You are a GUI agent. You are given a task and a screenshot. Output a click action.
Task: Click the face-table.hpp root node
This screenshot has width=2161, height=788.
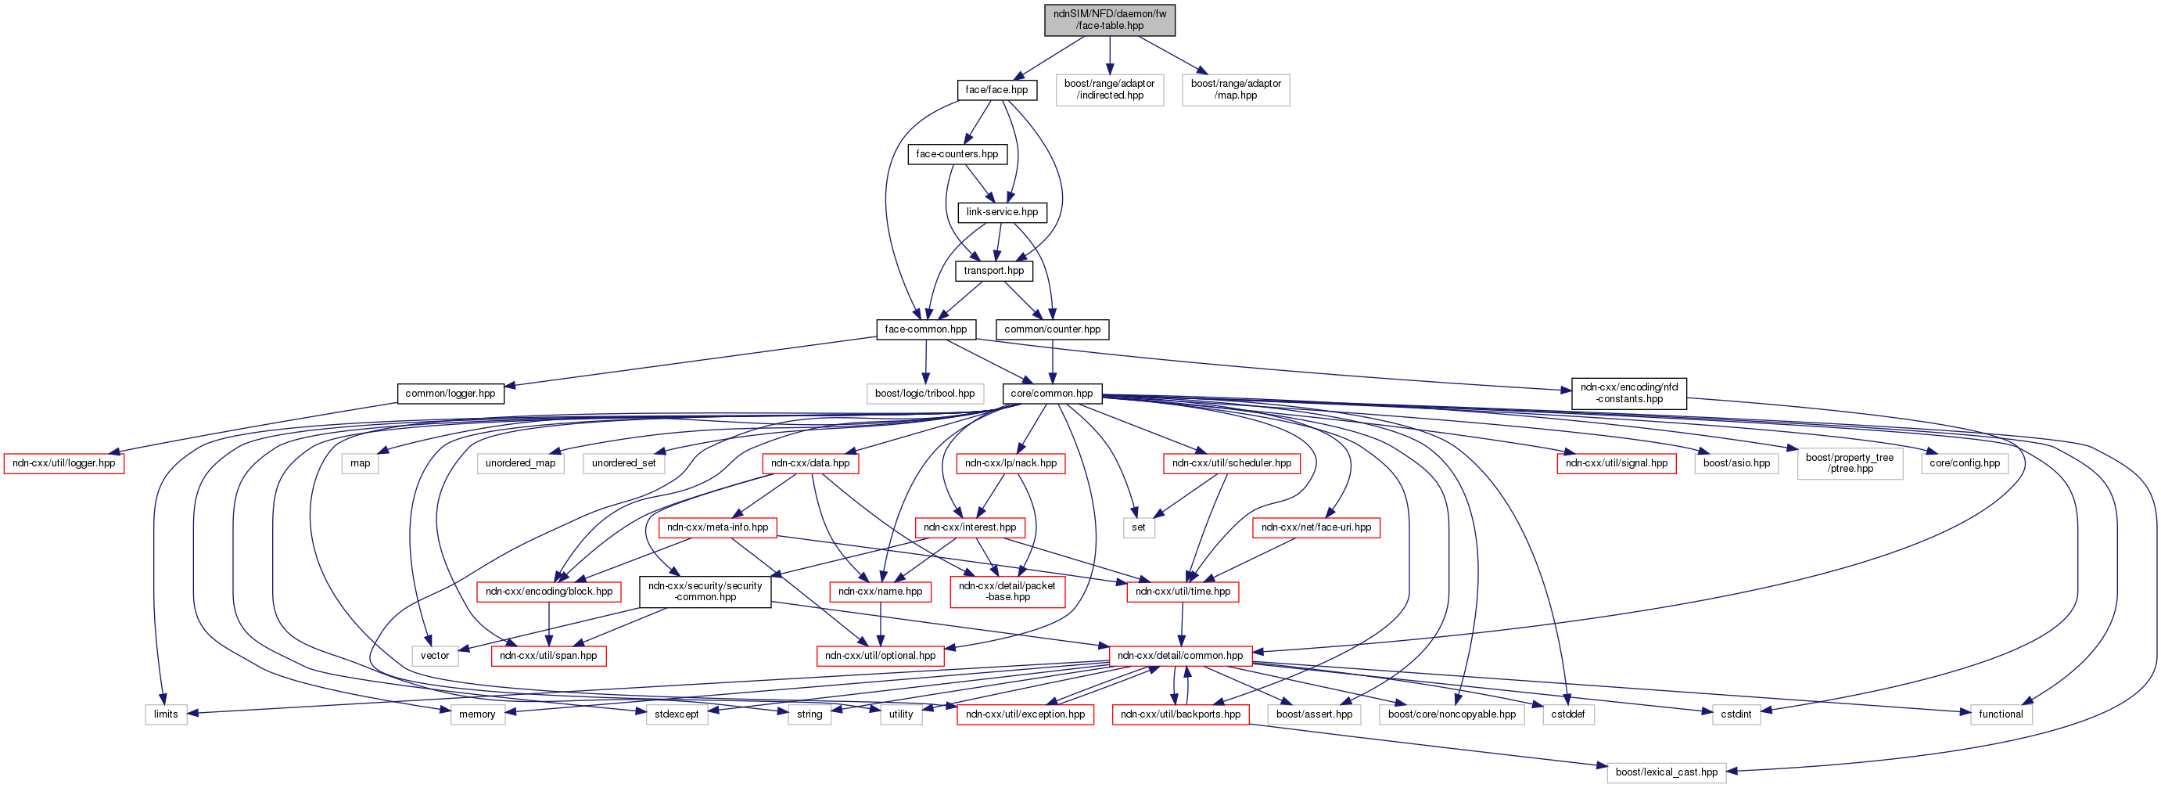pyautogui.click(x=1109, y=20)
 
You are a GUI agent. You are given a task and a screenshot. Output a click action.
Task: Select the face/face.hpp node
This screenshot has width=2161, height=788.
pyautogui.click(x=996, y=90)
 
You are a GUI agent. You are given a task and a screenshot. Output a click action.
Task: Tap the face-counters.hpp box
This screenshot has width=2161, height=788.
pyautogui.click(x=957, y=154)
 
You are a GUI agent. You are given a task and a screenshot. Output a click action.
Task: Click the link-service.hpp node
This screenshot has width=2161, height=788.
pyautogui.click(x=1002, y=212)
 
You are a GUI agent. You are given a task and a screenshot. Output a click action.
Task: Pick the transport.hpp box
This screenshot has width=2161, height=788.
pyautogui.click(x=993, y=271)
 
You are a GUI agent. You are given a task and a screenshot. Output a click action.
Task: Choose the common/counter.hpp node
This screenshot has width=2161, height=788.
pyautogui.click(x=1052, y=329)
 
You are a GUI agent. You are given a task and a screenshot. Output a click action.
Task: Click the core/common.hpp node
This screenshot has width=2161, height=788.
pyautogui.click(x=1051, y=394)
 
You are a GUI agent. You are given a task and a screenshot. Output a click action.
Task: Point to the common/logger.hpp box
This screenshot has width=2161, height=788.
pyautogui.click(x=450, y=394)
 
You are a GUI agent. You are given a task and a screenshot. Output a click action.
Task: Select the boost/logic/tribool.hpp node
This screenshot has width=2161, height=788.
pyautogui.click(x=924, y=394)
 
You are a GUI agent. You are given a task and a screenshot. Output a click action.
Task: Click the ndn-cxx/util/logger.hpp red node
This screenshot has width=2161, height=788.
pyautogui.click(x=64, y=463)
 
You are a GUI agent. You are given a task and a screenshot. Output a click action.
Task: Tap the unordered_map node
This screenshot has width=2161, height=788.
pyautogui.click(x=520, y=463)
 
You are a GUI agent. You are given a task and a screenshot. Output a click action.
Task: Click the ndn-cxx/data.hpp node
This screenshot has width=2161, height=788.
pyautogui.click(x=809, y=463)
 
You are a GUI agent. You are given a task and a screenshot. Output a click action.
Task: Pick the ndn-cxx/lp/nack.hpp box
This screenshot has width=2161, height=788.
pyautogui.click(x=1010, y=463)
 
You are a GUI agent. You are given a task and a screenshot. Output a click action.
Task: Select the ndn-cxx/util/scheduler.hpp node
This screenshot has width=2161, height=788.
pyautogui.click(x=1232, y=463)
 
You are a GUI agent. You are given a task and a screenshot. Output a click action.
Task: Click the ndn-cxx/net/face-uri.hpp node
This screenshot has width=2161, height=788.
pyautogui.click(x=1316, y=528)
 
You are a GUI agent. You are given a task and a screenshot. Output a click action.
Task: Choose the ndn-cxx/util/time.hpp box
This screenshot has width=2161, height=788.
pyautogui.click(x=1182, y=592)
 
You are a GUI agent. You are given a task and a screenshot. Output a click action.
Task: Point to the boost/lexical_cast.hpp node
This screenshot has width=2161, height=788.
pyautogui.click(x=1666, y=772)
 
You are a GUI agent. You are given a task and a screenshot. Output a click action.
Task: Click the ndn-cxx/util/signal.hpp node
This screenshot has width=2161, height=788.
pyautogui.click(x=1616, y=463)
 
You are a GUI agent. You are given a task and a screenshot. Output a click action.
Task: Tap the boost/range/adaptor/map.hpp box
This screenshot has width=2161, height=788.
pyautogui.click(x=1236, y=90)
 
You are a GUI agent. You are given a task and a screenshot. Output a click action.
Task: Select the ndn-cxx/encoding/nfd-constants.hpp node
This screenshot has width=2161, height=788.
pyautogui.click(x=1628, y=394)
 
